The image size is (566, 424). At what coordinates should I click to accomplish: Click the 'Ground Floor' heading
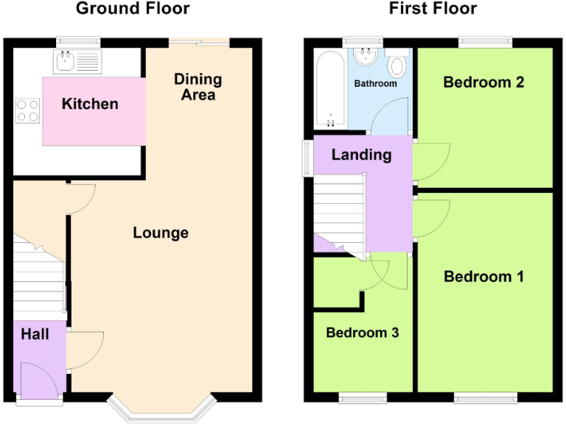coord(133,9)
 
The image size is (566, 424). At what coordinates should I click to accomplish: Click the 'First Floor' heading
coord(433,9)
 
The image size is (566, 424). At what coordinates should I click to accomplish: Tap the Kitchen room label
coord(89,104)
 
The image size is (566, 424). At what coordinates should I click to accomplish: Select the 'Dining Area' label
coord(198,87)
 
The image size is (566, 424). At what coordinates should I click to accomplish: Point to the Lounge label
coord(161,233)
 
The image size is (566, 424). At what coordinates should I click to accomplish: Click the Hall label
coord(35,334)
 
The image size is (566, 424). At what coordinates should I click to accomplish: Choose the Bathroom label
coord(375,84)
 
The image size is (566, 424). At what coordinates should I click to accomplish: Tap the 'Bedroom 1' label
coord(483,277)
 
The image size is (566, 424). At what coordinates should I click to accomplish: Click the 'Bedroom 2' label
coord(483,82)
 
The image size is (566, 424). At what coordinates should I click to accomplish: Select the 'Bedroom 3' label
coord(362,333)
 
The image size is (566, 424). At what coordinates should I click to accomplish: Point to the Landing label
coord(361,155)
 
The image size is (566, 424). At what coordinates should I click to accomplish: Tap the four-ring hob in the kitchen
coord(28,110)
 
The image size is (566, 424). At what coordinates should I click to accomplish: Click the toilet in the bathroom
coord(396,65)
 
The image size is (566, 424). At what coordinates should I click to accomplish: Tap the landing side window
coord(307,158)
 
